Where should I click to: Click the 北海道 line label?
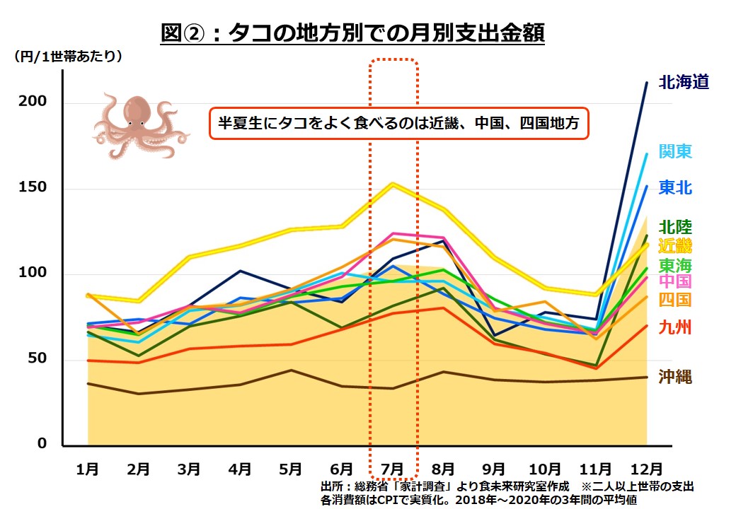[683, 83]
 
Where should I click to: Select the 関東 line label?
[675, 151]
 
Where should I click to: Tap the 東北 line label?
[675, 188]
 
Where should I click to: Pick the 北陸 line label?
[675, 228]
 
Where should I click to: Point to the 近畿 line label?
[675, 246]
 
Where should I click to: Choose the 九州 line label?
[675, 327]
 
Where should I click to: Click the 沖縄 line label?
[675, 376]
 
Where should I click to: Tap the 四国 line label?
[675, 300]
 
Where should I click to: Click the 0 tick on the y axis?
[42, 444]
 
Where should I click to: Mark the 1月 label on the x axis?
[88, 469]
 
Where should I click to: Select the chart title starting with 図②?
[352, 33]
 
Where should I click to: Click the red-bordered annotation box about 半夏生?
[399, 124]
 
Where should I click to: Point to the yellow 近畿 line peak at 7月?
[392, 184]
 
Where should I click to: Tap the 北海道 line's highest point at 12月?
[646, 83]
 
